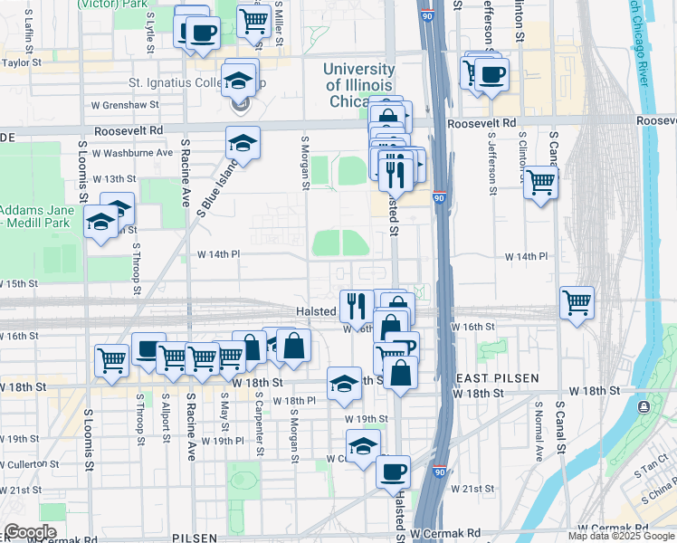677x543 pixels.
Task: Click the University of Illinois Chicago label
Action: [359, 85]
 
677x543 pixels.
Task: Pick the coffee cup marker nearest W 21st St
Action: [393, 472]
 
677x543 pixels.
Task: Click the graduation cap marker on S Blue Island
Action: [243, 142]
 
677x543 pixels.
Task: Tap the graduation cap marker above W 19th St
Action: [344, 384]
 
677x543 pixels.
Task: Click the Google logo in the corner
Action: [30, 532]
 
